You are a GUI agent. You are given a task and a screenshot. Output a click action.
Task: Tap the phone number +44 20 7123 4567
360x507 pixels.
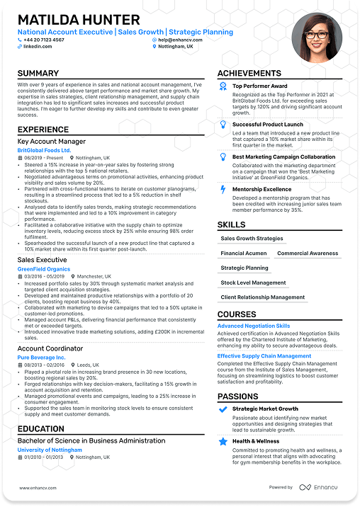[x=44, y=40]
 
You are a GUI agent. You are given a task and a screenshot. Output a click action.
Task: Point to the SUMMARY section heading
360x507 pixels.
[x=38, y=74]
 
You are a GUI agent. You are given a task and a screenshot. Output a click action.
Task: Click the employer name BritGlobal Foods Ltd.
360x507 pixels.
[x=45, y=150]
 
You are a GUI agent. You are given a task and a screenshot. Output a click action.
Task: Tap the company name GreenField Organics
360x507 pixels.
[x=44, y=269]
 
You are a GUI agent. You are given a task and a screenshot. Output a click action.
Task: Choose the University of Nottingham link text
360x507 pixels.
[x=50, y=450]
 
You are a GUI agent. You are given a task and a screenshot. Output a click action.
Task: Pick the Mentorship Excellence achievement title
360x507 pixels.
[x=261, y=189]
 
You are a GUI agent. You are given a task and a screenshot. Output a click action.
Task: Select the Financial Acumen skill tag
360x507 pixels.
[x=243, y=253]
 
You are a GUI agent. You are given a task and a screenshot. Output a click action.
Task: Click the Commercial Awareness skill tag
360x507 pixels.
[x=308, y=253]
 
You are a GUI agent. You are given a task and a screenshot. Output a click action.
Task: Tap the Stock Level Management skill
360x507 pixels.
[x=253, y=283]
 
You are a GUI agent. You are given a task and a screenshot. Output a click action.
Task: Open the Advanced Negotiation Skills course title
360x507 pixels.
[x=254, y=326]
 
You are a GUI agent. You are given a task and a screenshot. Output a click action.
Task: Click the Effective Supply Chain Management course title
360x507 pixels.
[x=264, y=355]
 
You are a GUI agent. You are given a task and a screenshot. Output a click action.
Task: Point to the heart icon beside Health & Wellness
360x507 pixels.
[x=223, y=441]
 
